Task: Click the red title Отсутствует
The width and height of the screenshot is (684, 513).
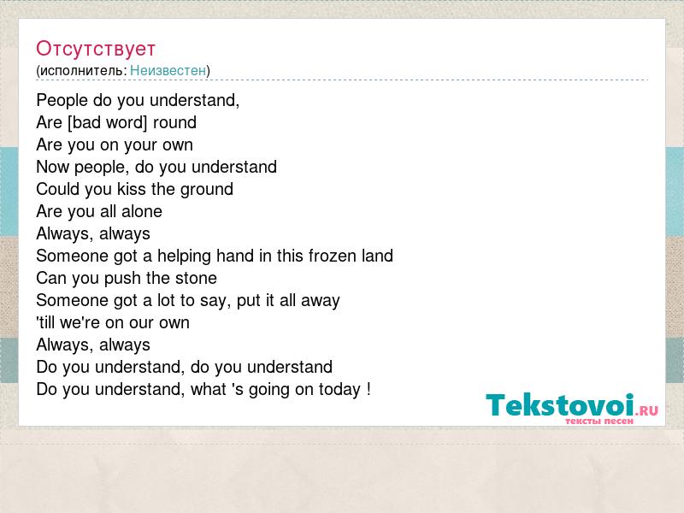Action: pyautogui.click(x=96, y=49)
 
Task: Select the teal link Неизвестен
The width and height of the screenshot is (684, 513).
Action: pyautogui.click(x=168, y=70)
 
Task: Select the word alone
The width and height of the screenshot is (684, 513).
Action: pyautogui.click(x=142, y=211)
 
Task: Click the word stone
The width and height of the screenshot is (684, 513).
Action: pyautogui.click(x=197, y=279)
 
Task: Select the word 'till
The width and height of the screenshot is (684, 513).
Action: pyautogui.click(x=46, y=323)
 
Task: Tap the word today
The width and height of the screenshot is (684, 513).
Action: pyautogui.click(x=339, y=390)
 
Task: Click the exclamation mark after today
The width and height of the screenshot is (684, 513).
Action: pyautogui.click(x=369, y=389)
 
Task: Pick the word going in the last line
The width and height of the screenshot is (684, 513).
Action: pyautogui.click(x=269, y=390)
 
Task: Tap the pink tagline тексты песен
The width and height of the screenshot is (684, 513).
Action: pyautogui.click(x=599, y=421)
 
